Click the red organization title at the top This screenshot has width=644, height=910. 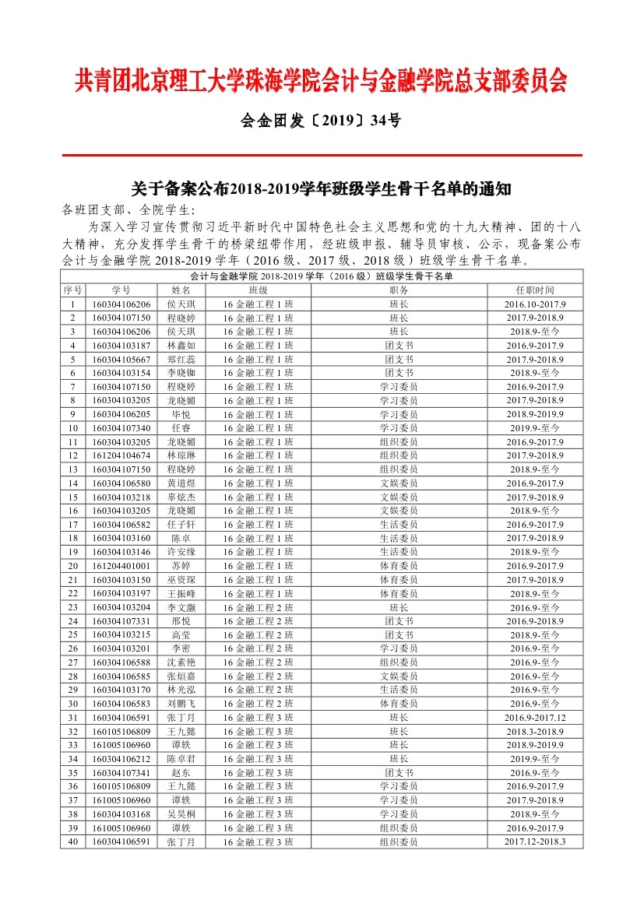coord(322,80)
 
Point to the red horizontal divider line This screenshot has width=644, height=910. coord(322,156)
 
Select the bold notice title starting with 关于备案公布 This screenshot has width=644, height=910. coord(321,189)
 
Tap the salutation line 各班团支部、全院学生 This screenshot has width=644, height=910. coord(128,209)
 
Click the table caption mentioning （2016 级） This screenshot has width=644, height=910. coord(321,276)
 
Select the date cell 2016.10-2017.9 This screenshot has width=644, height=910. coord(535,304)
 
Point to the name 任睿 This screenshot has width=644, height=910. coord(181,428)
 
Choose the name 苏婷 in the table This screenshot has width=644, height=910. coord(181,566)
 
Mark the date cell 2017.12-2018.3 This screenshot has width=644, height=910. coord(535,841)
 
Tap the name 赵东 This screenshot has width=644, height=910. coord(181,773)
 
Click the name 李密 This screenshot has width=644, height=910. coord(181,648)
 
